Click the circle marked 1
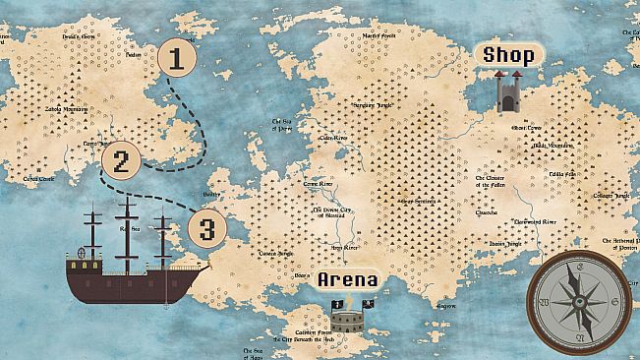(x=176, y=59)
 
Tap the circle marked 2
(x=121, y=161)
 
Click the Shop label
(x=508, y=55)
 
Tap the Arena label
(x=347, y=281)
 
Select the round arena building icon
(x=345, y=319)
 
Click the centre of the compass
(x=579, y=301)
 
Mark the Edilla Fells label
(x=561, y=174)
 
